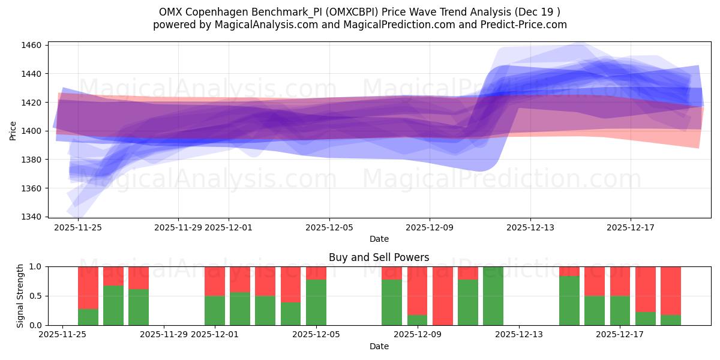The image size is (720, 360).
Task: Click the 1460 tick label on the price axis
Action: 32,45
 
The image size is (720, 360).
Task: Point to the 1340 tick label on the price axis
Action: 32,217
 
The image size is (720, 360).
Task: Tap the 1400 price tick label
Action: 32,131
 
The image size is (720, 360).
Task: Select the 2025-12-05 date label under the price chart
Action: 329,228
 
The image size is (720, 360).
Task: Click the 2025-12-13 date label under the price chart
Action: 530,228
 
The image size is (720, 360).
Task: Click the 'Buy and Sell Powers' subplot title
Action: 379,257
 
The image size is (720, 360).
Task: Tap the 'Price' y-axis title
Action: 13,131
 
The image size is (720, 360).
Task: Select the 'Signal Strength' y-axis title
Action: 20,296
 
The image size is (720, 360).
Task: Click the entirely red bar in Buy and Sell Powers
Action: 443,296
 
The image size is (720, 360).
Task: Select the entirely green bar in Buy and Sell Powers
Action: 493,296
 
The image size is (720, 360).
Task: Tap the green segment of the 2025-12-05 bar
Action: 316,302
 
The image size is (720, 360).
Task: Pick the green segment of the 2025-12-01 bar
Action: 215,310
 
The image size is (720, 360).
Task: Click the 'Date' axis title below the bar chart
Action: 379,346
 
